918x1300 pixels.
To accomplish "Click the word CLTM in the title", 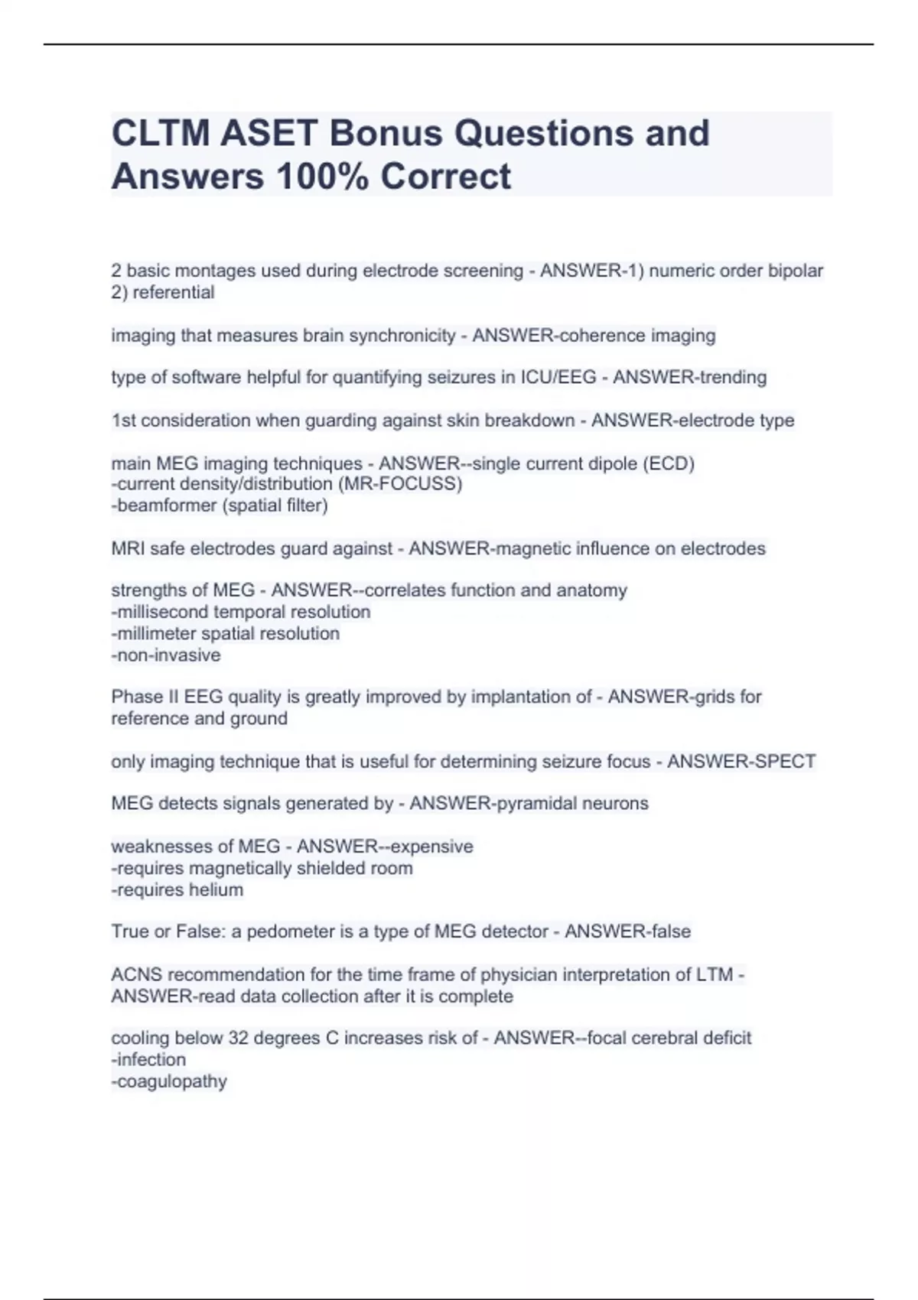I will (160, 134).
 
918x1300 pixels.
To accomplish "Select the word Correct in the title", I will (445, 177).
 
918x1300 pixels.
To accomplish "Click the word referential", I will (174, 293).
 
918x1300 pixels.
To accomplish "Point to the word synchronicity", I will (402, 336).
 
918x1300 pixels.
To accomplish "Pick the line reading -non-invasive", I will (166, 655).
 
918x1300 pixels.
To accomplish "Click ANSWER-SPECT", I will (741, 762).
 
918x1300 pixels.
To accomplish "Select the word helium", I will (219, 890).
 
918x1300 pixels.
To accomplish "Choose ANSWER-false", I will (627, 932).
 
